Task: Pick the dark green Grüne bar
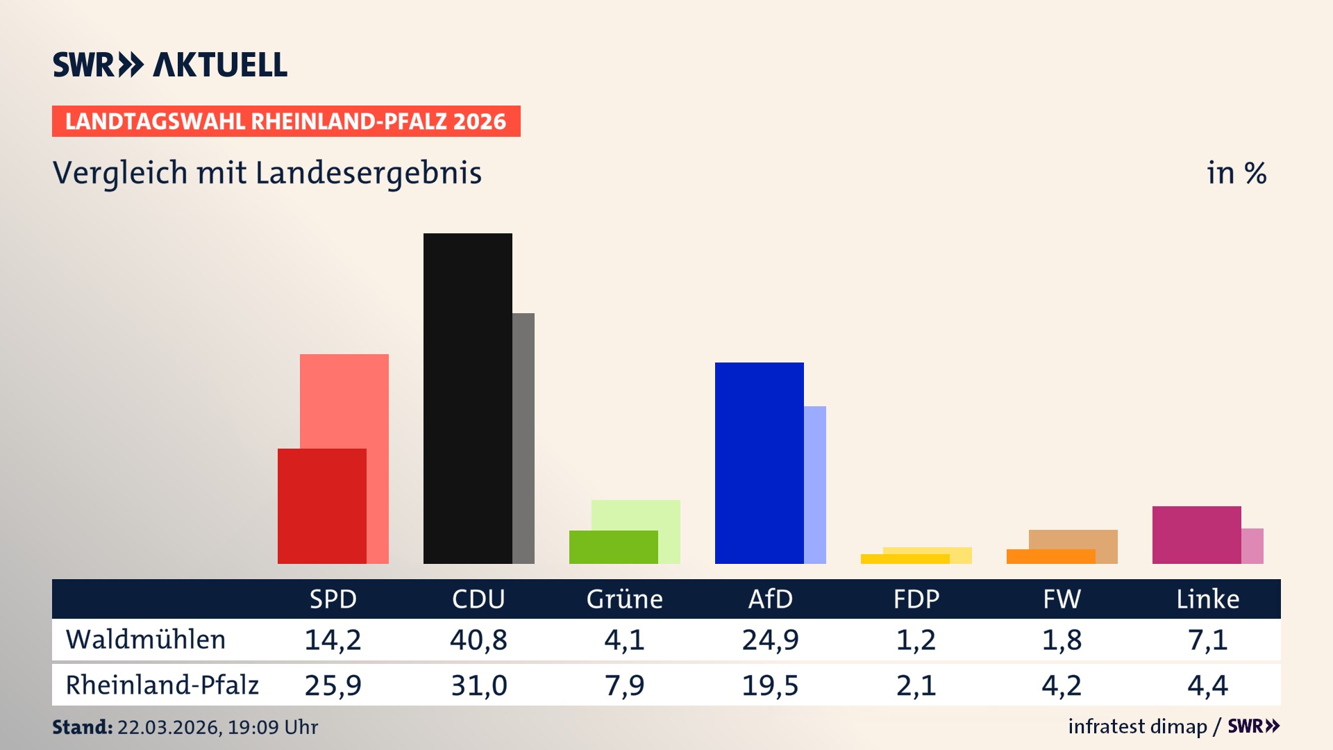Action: click(613, 547)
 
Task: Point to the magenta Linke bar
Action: click(1196, 535)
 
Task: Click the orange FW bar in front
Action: click(1050, 556)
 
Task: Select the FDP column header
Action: click(916, 599)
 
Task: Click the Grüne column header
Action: click(624, 599)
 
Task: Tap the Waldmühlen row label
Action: click(146, 640)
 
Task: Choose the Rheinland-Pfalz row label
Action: click(162, 685)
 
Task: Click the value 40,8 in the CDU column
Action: click(478, 640)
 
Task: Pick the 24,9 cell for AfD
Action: click(770, 640)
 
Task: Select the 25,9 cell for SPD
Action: click(333, 685)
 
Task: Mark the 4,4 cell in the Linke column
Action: click(1207, 685)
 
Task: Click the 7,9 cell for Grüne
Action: click(624, 685)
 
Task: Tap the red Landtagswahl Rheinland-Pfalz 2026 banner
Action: click(286, 122)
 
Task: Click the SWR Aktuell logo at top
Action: click(170, 65)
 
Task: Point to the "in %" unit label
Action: click(1236, 173)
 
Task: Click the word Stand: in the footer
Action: click(82, 727)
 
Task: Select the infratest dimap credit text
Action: click(1137, 726)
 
